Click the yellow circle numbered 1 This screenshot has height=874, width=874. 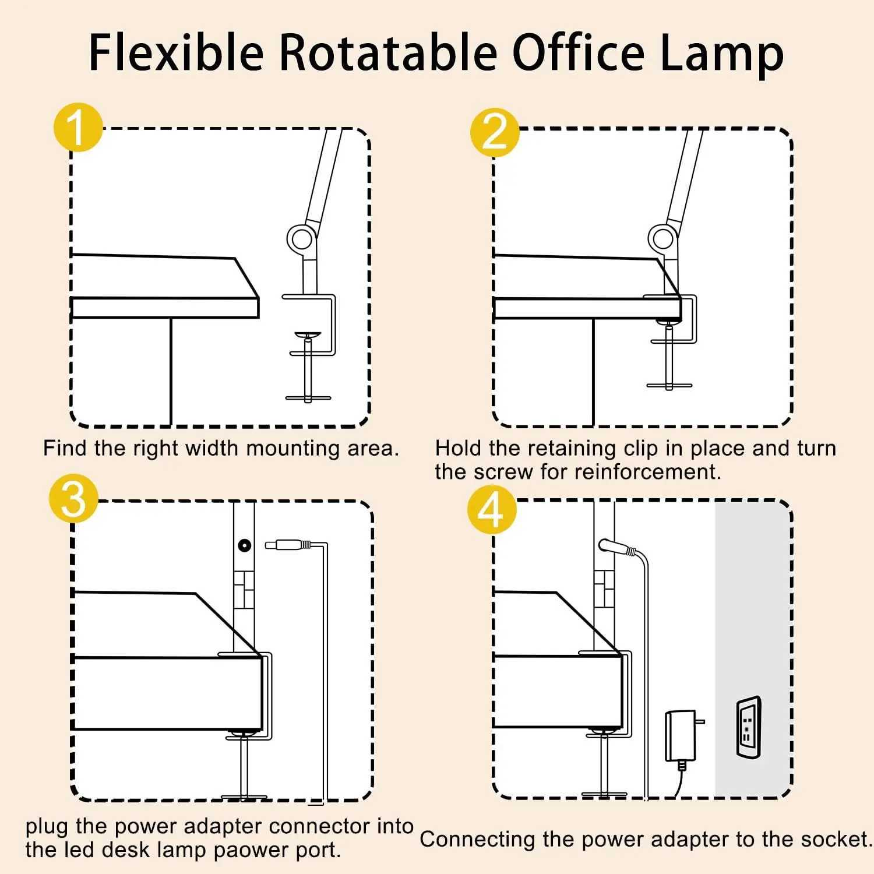click(77, 128)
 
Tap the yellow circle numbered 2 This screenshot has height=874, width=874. click(495, 132)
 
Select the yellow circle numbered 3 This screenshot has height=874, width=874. click(73, 499)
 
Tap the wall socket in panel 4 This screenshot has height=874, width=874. click(748, 727)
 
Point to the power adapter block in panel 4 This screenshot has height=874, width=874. click(681, 735)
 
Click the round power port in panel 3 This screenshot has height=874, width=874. click(244, 545)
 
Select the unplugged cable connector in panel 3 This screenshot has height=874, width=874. click(288, 545)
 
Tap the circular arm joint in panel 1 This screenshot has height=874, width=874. click(301, 238)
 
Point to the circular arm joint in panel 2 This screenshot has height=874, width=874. click(662, 238)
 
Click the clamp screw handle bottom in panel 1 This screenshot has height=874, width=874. click(308, 398)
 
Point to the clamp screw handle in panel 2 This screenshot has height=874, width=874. click(669, 385)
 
